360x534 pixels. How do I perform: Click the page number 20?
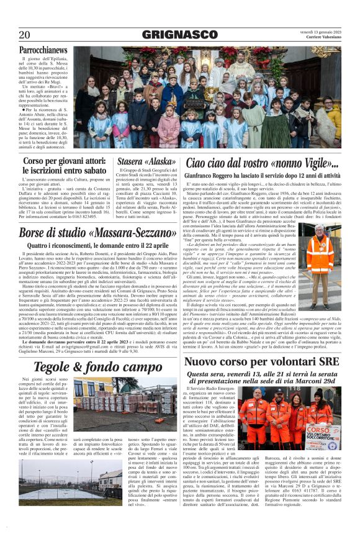24,34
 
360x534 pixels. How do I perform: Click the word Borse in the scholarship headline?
36,233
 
